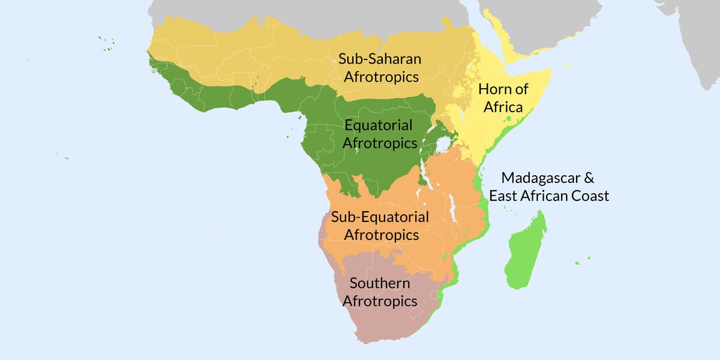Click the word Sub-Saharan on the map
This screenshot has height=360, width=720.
point(379,59)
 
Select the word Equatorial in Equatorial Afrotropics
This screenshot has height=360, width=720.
point(378,126)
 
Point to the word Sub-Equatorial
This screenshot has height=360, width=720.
point(380,217)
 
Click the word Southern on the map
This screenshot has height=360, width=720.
point(380,283)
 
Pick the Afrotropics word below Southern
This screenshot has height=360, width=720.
point(380,301)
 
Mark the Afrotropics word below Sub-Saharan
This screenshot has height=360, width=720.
point(379,77)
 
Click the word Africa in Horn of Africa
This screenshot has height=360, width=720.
point(500,108)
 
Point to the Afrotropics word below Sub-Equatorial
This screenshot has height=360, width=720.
point(382,235)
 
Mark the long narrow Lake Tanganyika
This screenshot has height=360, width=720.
point(425,175)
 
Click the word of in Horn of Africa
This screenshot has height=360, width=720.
point(521,90)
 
